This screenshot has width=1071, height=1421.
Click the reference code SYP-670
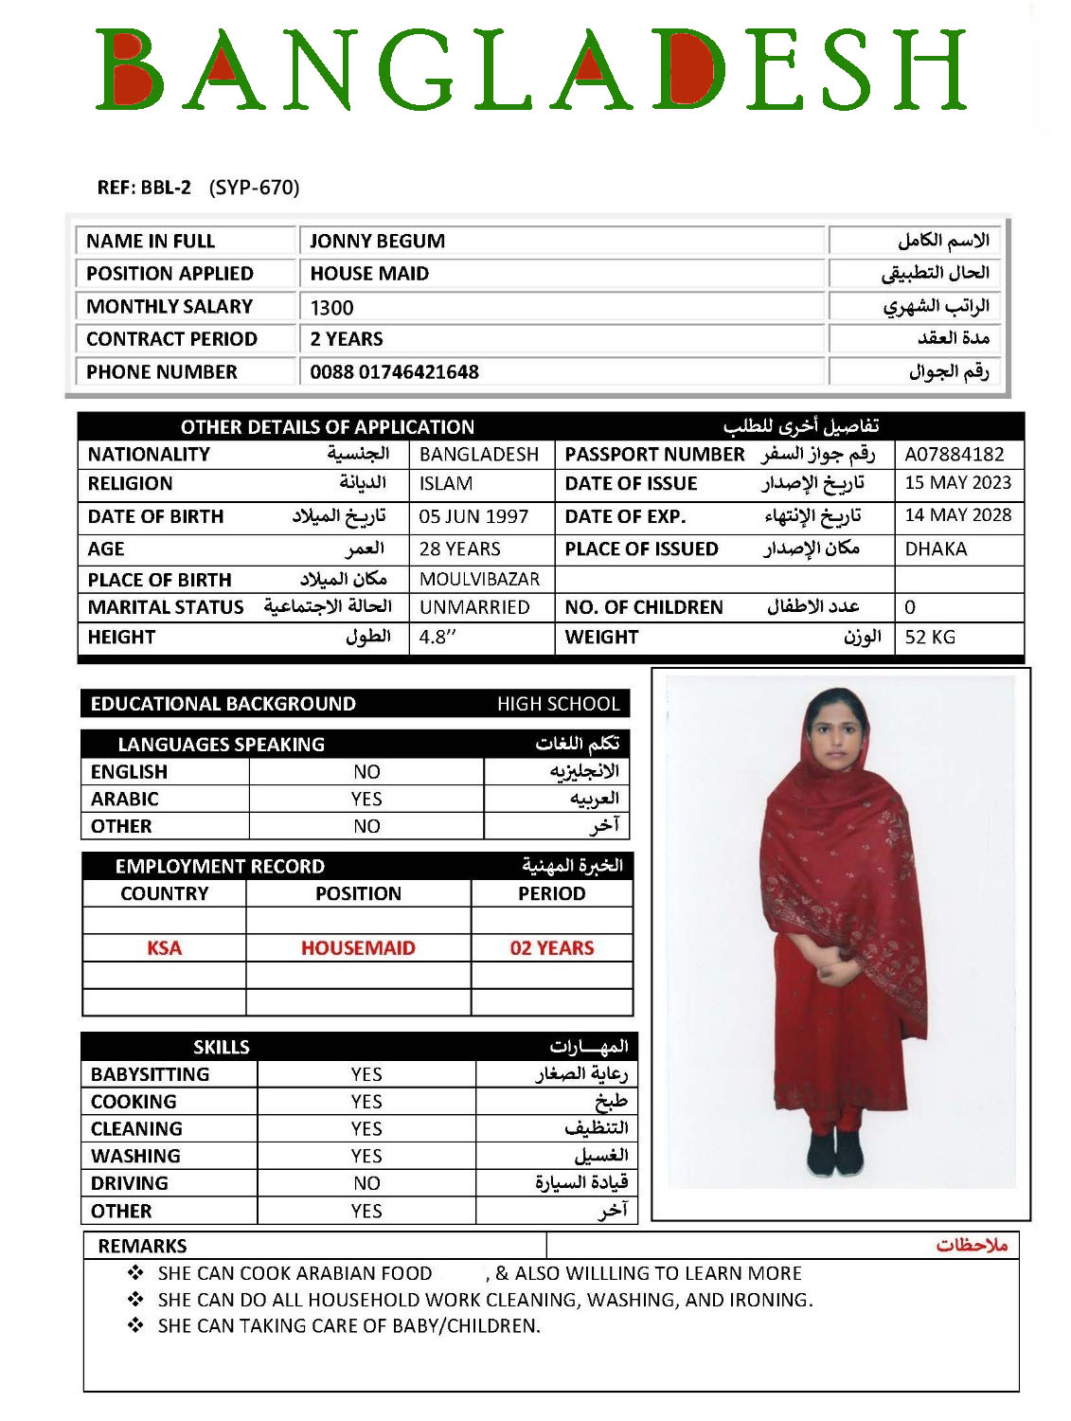tap(254, 188)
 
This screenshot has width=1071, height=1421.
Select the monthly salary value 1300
tap(331, 307)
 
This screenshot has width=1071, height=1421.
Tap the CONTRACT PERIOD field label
tap(171, 339)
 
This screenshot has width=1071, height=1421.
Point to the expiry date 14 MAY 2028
tap(957, 515)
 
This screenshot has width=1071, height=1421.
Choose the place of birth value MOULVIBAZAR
tap(479, 579)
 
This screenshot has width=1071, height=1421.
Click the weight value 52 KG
tap(930, 637)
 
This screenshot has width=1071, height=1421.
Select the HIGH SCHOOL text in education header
tap(558, 704)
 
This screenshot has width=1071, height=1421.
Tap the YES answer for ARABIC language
tap(366, 799)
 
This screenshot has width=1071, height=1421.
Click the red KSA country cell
tap(164, 947)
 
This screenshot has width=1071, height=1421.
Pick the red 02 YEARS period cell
tap(552, 947)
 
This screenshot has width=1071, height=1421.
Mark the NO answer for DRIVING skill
tap(366, 1183)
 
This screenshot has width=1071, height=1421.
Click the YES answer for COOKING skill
tap(366, 1102)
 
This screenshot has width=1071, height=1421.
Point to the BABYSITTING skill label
tap(150, 1074)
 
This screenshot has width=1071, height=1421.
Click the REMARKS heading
tap(142, 1246)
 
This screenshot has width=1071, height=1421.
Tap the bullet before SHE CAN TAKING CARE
tap(135, 1325)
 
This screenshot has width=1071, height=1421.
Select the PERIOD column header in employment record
tap(551, 893)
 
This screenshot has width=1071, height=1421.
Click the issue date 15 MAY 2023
tap(957, 482)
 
